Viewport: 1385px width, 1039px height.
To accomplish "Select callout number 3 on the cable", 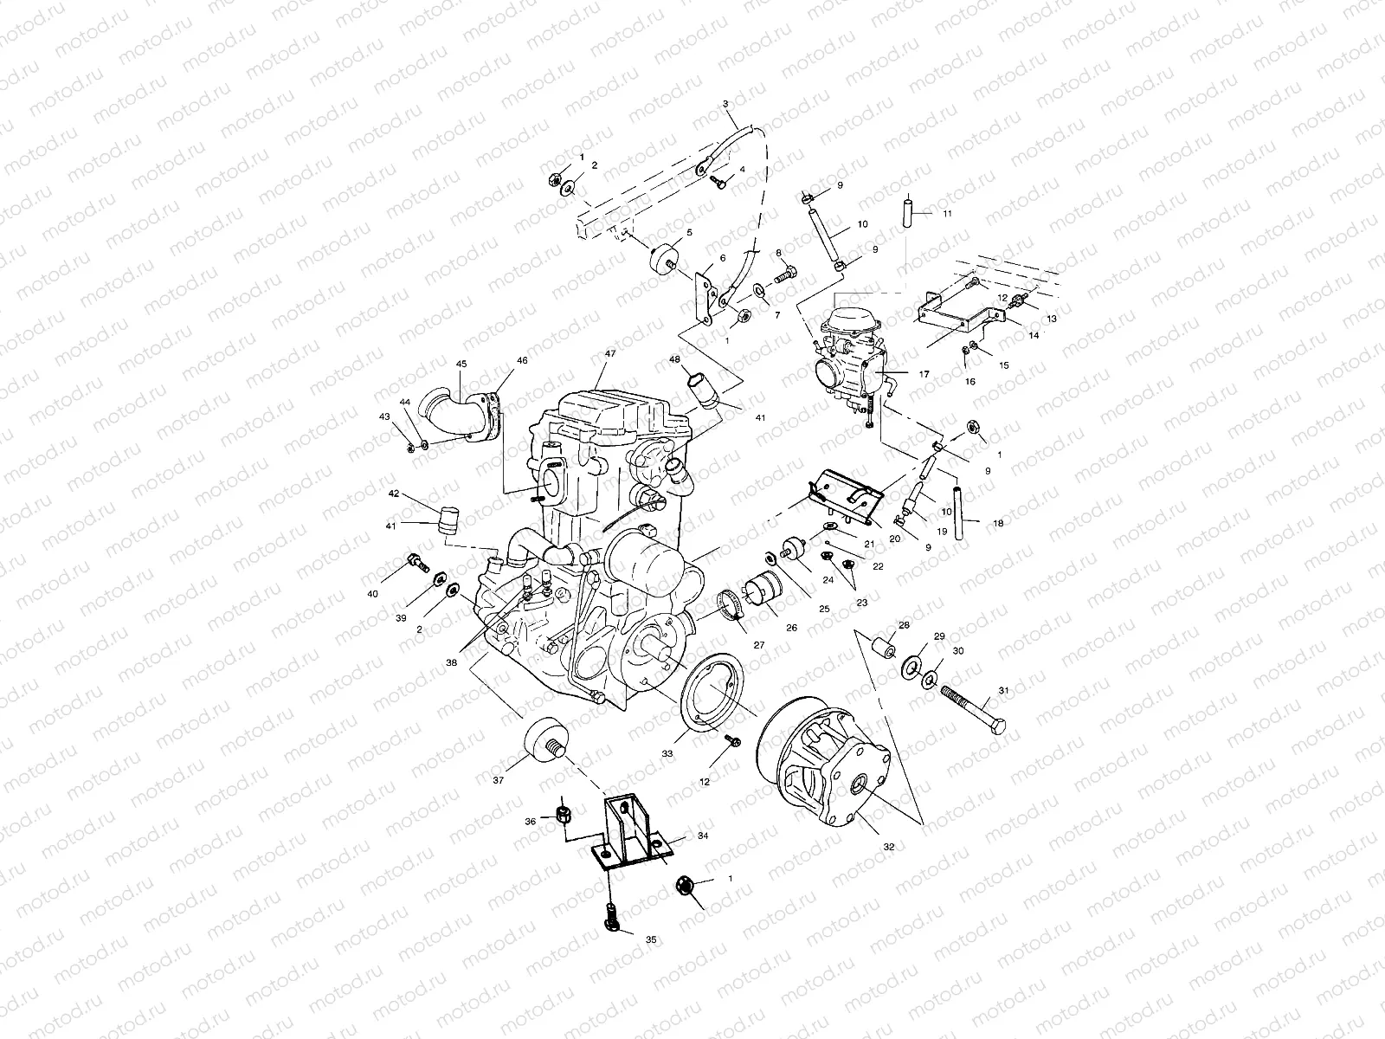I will click(x=725, y=104).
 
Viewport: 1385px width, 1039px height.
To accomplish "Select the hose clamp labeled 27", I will click(x=731, y=606).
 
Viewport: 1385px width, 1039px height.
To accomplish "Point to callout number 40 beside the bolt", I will click(x=372, y=594).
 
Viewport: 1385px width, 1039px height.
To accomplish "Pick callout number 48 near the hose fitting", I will click(x=673, y=358).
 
